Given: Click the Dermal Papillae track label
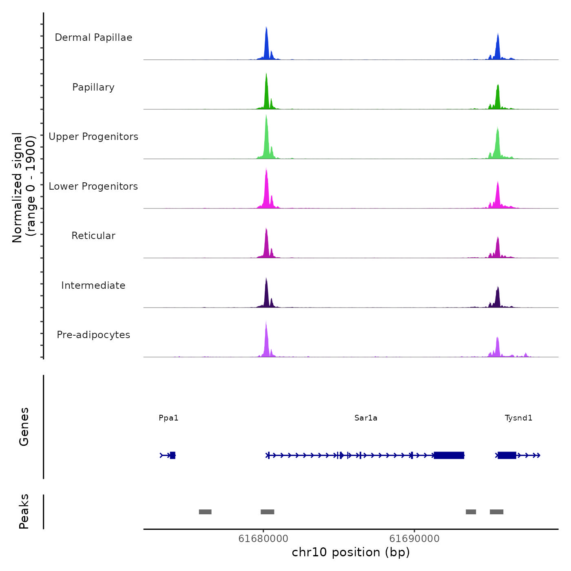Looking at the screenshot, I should [93, 38].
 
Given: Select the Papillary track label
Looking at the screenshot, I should [93, 87].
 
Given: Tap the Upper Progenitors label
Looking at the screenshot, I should [93, 137].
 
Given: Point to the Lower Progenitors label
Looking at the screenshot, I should [93, 186].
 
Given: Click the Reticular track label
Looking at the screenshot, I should [93, 236].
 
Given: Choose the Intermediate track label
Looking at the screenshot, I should [93, 285].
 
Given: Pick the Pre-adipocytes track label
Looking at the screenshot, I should [93, 335].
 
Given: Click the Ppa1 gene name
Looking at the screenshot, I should [168, 418].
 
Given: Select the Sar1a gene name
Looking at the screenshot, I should [366, 418].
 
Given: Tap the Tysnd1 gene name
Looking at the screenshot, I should [518, 418].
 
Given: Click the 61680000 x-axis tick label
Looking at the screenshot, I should [263, 539].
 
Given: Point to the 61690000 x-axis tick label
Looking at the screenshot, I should [414, 539].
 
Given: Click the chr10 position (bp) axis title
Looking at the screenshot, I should [351, 553].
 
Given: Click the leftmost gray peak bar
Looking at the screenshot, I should [205, 512].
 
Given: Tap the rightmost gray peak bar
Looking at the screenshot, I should [496, 512].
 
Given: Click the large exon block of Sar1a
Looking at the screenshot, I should [449, 455].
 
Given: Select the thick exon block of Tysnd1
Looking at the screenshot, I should [507, 455].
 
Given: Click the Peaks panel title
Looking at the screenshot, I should [24, 511].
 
